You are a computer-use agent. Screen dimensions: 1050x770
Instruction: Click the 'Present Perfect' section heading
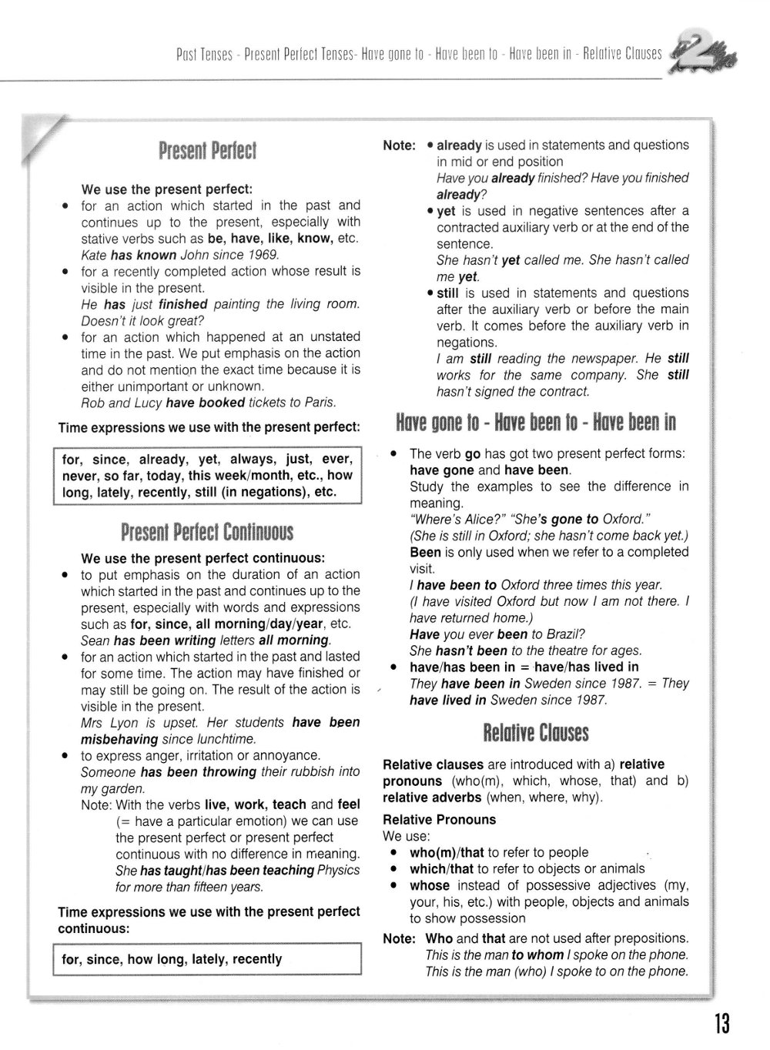click(207, 149)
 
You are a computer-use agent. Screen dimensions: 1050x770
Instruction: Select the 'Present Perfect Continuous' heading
click(207, 532)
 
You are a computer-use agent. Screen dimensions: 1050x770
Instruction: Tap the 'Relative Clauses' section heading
click(536, 732)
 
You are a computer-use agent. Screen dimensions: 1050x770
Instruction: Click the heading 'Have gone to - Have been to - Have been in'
click(536, 422)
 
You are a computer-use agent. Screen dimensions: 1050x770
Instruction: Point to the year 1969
click(264, 255)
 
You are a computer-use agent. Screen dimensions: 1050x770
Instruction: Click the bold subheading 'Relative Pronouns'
click(440, 820)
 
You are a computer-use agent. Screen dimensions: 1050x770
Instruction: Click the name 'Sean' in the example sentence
click(95, 640)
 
